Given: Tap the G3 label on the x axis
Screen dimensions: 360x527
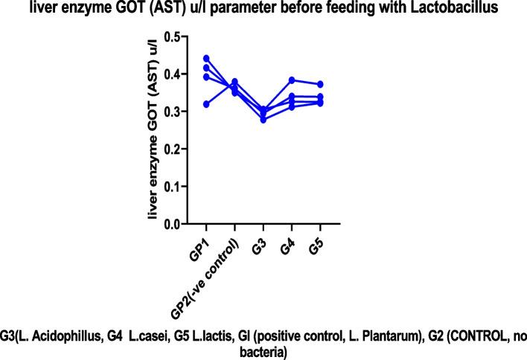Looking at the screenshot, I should pos(257,242).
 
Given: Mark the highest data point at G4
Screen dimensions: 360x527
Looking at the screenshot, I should pos(292,80).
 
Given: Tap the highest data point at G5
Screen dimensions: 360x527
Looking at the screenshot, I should pos(320,84).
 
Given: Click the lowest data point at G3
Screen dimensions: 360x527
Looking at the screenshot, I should pos(263,120).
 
